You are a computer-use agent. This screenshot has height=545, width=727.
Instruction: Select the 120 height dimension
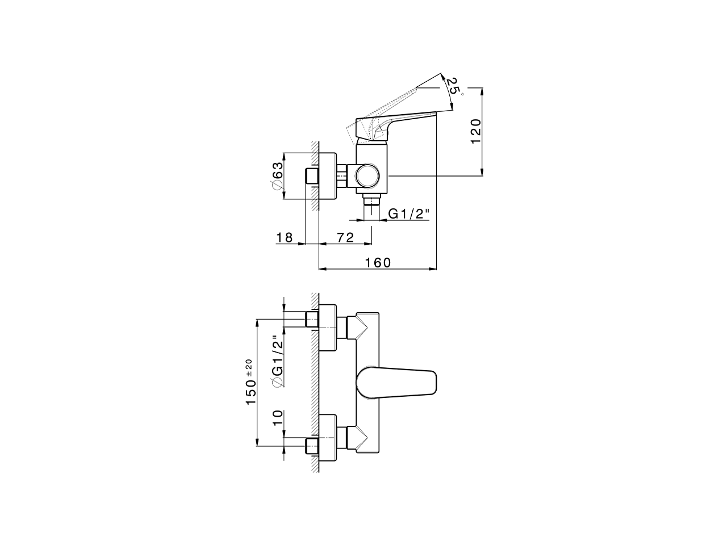(x=476, y=131)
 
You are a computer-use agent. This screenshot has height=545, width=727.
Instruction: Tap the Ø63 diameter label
(x=277, y=177)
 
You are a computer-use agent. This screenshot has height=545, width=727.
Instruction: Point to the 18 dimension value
(x=285, y=237)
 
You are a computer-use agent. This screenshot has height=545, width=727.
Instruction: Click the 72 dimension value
(x=345, y=237)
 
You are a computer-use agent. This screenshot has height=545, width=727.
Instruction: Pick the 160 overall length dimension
(x=378, y=262)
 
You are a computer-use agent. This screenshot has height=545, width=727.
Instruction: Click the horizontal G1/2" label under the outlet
(x=408, y=214)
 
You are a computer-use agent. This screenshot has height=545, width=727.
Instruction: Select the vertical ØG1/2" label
(x=277, y=361)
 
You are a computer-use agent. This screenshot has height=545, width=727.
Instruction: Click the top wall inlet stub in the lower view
(x=312, y=319)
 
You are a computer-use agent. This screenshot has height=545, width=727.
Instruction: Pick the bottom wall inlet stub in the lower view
(x=312, y=446)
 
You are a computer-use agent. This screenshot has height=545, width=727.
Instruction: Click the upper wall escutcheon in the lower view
(x=328, y=328)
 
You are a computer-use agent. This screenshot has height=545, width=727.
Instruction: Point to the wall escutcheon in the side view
(x=328, y=176)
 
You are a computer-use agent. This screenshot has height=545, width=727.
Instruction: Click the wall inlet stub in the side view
(x=312, y=176)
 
